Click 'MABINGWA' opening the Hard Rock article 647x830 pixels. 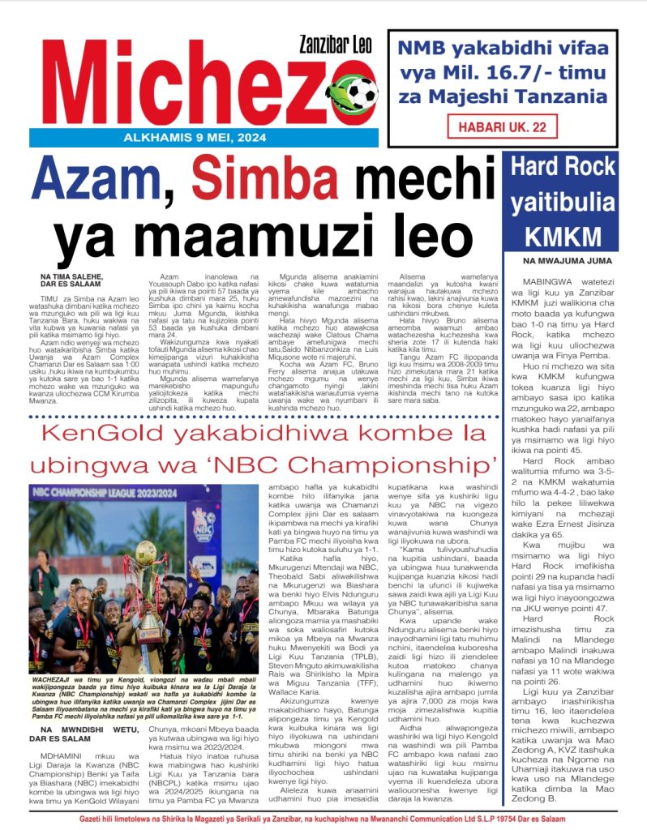[x=539, y=280]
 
